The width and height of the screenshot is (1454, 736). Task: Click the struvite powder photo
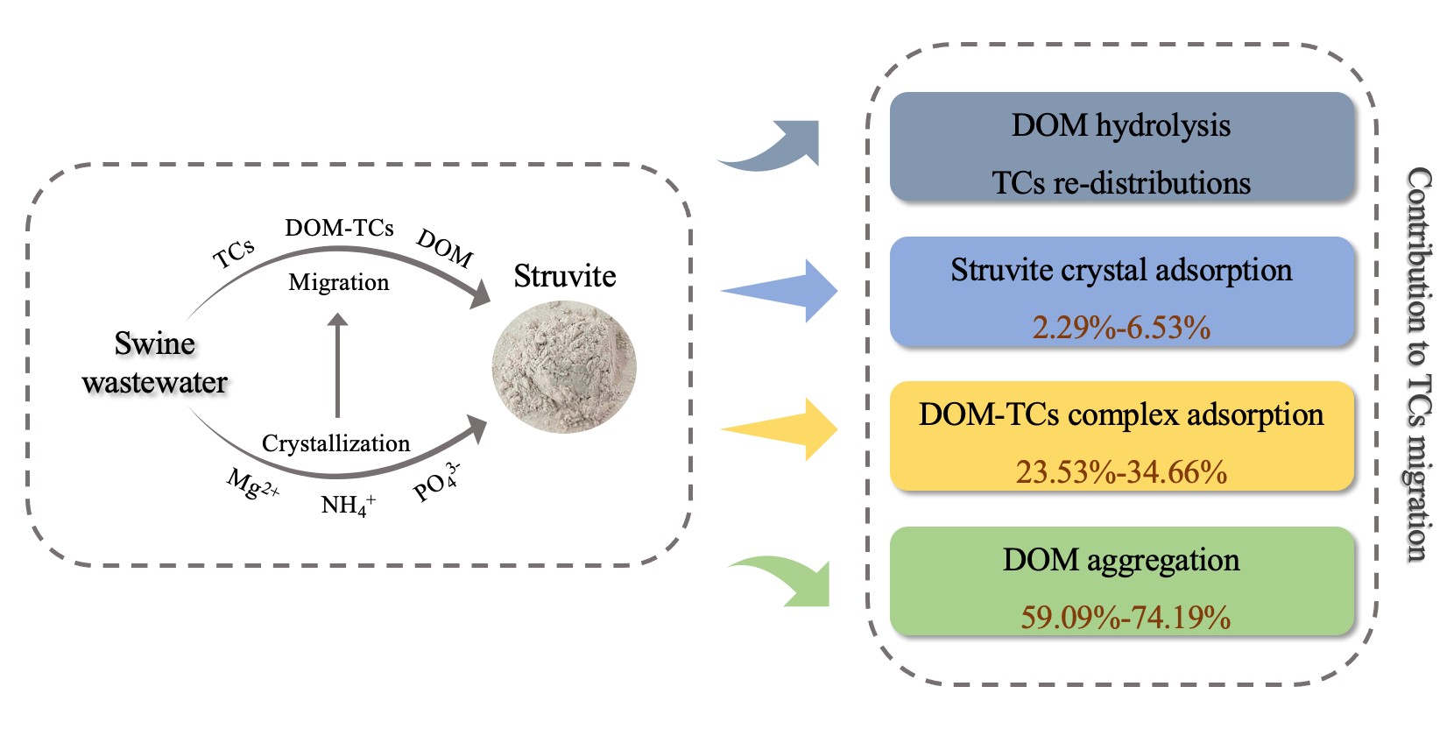coord(564,367)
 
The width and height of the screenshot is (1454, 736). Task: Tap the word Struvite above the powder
coord(565,276)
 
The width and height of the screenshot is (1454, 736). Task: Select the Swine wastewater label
coord(155,363)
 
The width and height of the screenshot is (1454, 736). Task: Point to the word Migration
coord(339,282)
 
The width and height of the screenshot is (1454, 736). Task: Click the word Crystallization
coord(335,443)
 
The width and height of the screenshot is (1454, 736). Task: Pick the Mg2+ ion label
coord(252,484)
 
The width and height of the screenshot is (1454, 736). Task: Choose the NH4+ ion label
coord(348,506)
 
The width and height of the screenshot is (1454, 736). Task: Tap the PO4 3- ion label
coord(436,482)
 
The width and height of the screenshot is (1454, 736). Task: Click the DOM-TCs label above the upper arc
coord(339,228)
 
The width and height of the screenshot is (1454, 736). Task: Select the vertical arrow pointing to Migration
coord(337,364)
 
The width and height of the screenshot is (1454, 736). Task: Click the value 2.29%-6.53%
coord(1121,328)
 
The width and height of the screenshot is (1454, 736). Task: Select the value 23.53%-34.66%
coord(1121,472)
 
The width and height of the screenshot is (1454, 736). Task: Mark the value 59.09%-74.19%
coord(1126,618)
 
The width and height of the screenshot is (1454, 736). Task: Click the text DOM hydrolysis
coord(1121,125)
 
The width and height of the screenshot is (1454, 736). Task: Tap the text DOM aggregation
coord(1121,560)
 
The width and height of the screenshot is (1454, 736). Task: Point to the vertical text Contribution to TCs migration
coord(1419,364)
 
